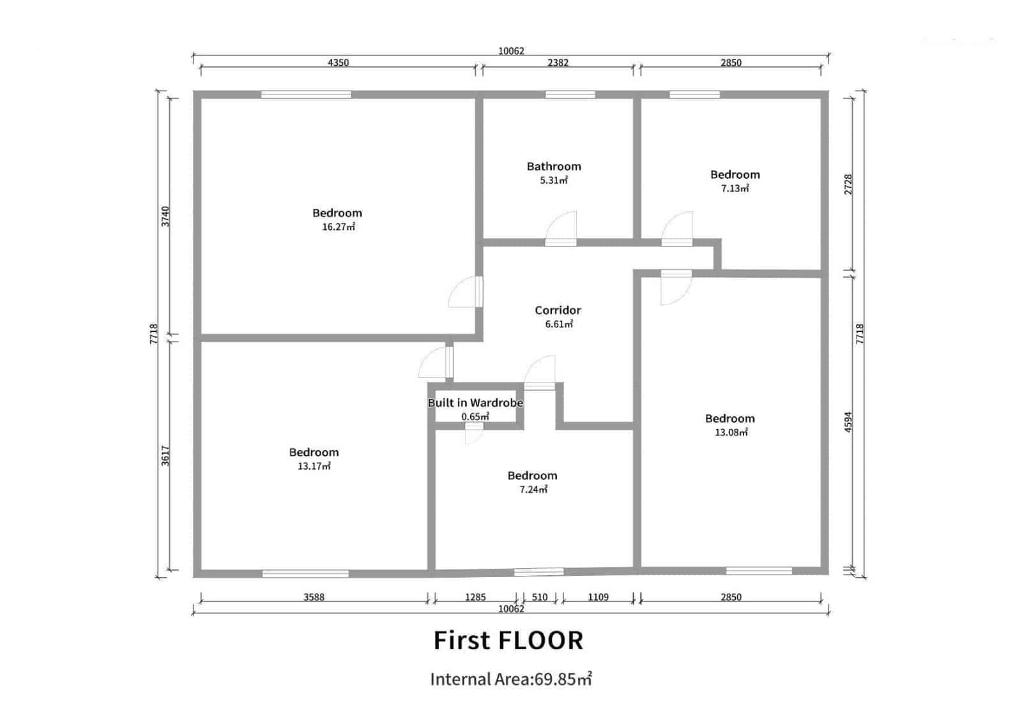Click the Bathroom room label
(554, 166)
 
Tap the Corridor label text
(558, 310)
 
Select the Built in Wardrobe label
(475, 403)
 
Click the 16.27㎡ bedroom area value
(338, 227)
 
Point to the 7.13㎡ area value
(735, 188)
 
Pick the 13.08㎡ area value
(731, 432)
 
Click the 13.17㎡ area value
(314, 466)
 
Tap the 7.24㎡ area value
(533, 490)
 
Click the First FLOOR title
(508, 640)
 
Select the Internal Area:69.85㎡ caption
(510, 679)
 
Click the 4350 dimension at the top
(338, 63)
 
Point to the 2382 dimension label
(558, 63)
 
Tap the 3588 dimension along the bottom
(314, 598)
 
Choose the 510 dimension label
(540, 598)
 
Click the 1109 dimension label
(598, 598)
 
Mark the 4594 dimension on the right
(848, 422)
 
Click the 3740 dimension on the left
(165, 216)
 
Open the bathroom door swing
(562, 229)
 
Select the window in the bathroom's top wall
(570, 94)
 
